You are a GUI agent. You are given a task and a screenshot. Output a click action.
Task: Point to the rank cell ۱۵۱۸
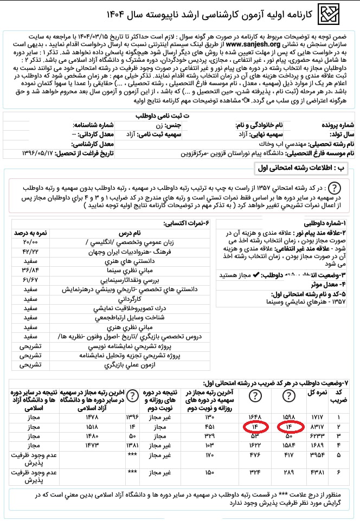coord(92,427)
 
